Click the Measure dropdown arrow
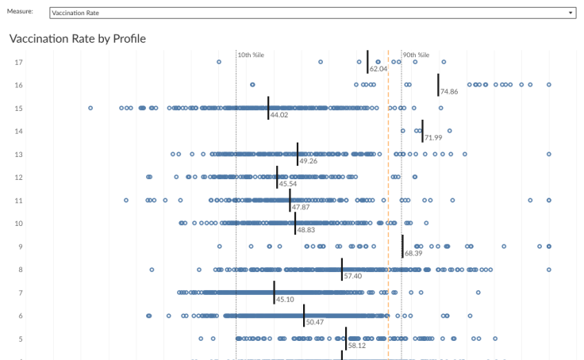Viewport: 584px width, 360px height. pyautogui.click(x=571, y=13)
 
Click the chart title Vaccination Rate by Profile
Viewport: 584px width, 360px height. pyautogui.click(x=77, y=38)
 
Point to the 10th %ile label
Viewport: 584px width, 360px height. pyautogui.click(x=251, y=56)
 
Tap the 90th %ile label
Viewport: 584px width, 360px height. pyautogui.click(x=416, y=56)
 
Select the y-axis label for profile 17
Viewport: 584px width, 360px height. pyautogui.click(x=18, y=62)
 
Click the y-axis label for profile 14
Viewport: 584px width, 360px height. pyautogui.click(x=18, y=131)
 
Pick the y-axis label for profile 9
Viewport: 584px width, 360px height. pyautogui.click(x=20, y=247)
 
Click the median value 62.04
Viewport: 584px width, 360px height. pyautogui.click(x=378, y=69)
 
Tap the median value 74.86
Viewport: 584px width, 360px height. pyautogui.click(x=448, y=92)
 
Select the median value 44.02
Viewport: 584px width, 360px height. pyautogui.click(x=279, y=115)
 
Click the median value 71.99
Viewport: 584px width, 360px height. pyautogui.click(x=433, y=138)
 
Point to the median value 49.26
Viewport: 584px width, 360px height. pyautogui.click(x=308, y=161)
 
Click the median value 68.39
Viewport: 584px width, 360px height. pyautogui.click(x=413, y=254)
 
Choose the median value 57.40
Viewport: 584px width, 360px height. pyautogui.click(x=352, y=277)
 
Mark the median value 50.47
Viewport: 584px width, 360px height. pyautogui.click(x=314, y=323)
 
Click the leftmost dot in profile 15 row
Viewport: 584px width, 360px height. pyautogui.click(x=90, y=108)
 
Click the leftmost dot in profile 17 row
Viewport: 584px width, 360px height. pyautogui.click(x=219, y=61)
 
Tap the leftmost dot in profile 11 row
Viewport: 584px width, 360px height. pyautogui.click(x=126, y=201)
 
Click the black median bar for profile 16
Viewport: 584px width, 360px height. pyautogui.click(x=438, y=84)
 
